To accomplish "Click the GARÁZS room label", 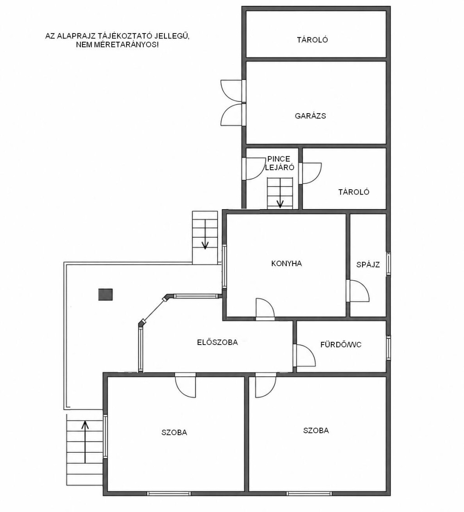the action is click(x=310, y=115).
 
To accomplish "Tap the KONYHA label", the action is click(x=286, y=263).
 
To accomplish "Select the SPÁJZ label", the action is click(x=368, y=264).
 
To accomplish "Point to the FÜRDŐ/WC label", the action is click(x=341, y=345).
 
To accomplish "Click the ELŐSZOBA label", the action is click(x=217, y=342).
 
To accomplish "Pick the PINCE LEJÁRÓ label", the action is click(x=279, y=163).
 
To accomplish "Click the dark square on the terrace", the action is click(x=106, y=294).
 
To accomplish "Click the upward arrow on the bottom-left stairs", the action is click(x=85, y=441).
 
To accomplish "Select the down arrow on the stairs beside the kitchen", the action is click(x=205, y=234).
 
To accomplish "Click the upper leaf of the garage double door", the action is click(x=232, y=91).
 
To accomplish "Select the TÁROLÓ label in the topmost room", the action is click(x=312, y=40).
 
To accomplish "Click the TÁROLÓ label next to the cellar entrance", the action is click(x=353, y=191).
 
